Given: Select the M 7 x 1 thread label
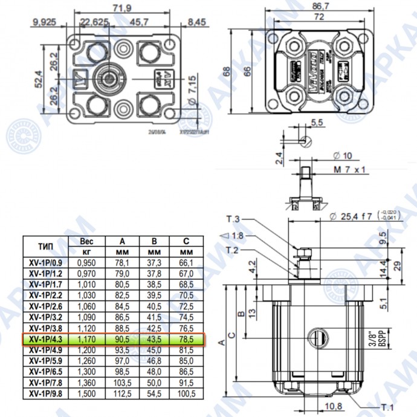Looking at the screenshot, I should pos(350,170).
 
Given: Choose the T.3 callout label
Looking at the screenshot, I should pos(233,218).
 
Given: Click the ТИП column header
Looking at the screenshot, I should pos(47,247).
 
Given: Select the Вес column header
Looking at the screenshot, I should pos(87,241).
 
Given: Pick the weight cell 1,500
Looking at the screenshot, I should pos(87,393).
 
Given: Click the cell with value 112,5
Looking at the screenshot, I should pos(123,393).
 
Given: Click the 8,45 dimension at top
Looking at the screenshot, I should pos(197,22).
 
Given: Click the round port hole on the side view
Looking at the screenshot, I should pos(316,336).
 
